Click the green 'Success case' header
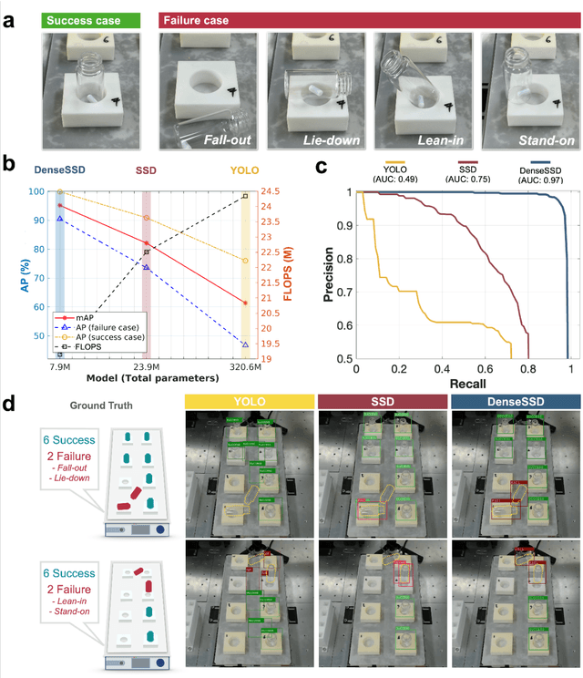pos(81,19)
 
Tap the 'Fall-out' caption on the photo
pos(227,140)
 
